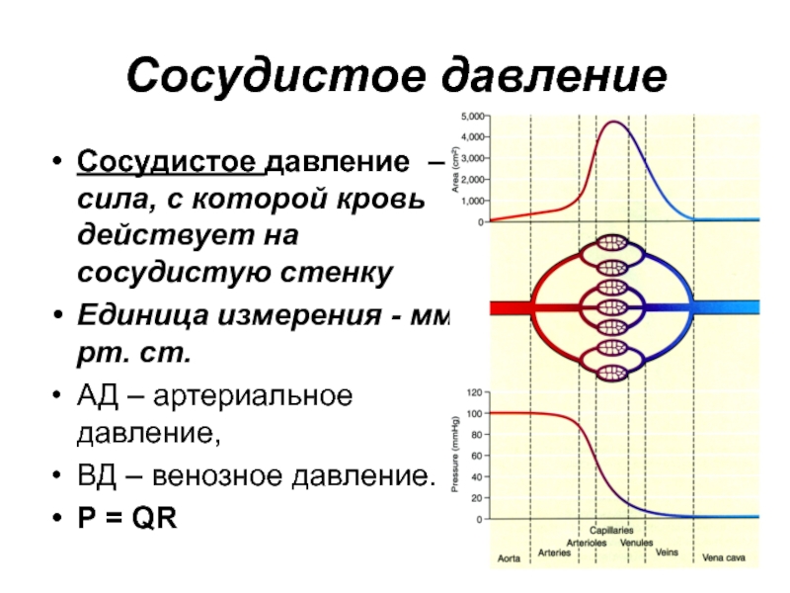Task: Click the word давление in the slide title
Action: click(554, 76)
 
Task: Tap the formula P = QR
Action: click(127, 517)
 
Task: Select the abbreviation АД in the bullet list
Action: click(97, 396)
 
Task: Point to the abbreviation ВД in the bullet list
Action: click(97, 475)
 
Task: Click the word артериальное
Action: click(253, 396)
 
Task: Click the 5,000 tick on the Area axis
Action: click(472, 117)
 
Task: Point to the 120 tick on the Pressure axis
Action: click(475, 392)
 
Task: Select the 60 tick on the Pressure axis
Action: click(477, 456)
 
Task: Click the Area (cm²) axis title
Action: click(455, 169)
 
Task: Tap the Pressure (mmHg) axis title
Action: click(455, 454)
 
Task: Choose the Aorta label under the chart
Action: click(509, 558)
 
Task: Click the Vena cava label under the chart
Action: click(724, 557)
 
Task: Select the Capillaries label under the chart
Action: click(611, 531)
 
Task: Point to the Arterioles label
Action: click(587, 543)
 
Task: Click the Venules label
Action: click(636, 543)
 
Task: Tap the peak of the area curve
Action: click(613, 122)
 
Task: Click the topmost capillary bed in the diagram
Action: click(612, 243)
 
